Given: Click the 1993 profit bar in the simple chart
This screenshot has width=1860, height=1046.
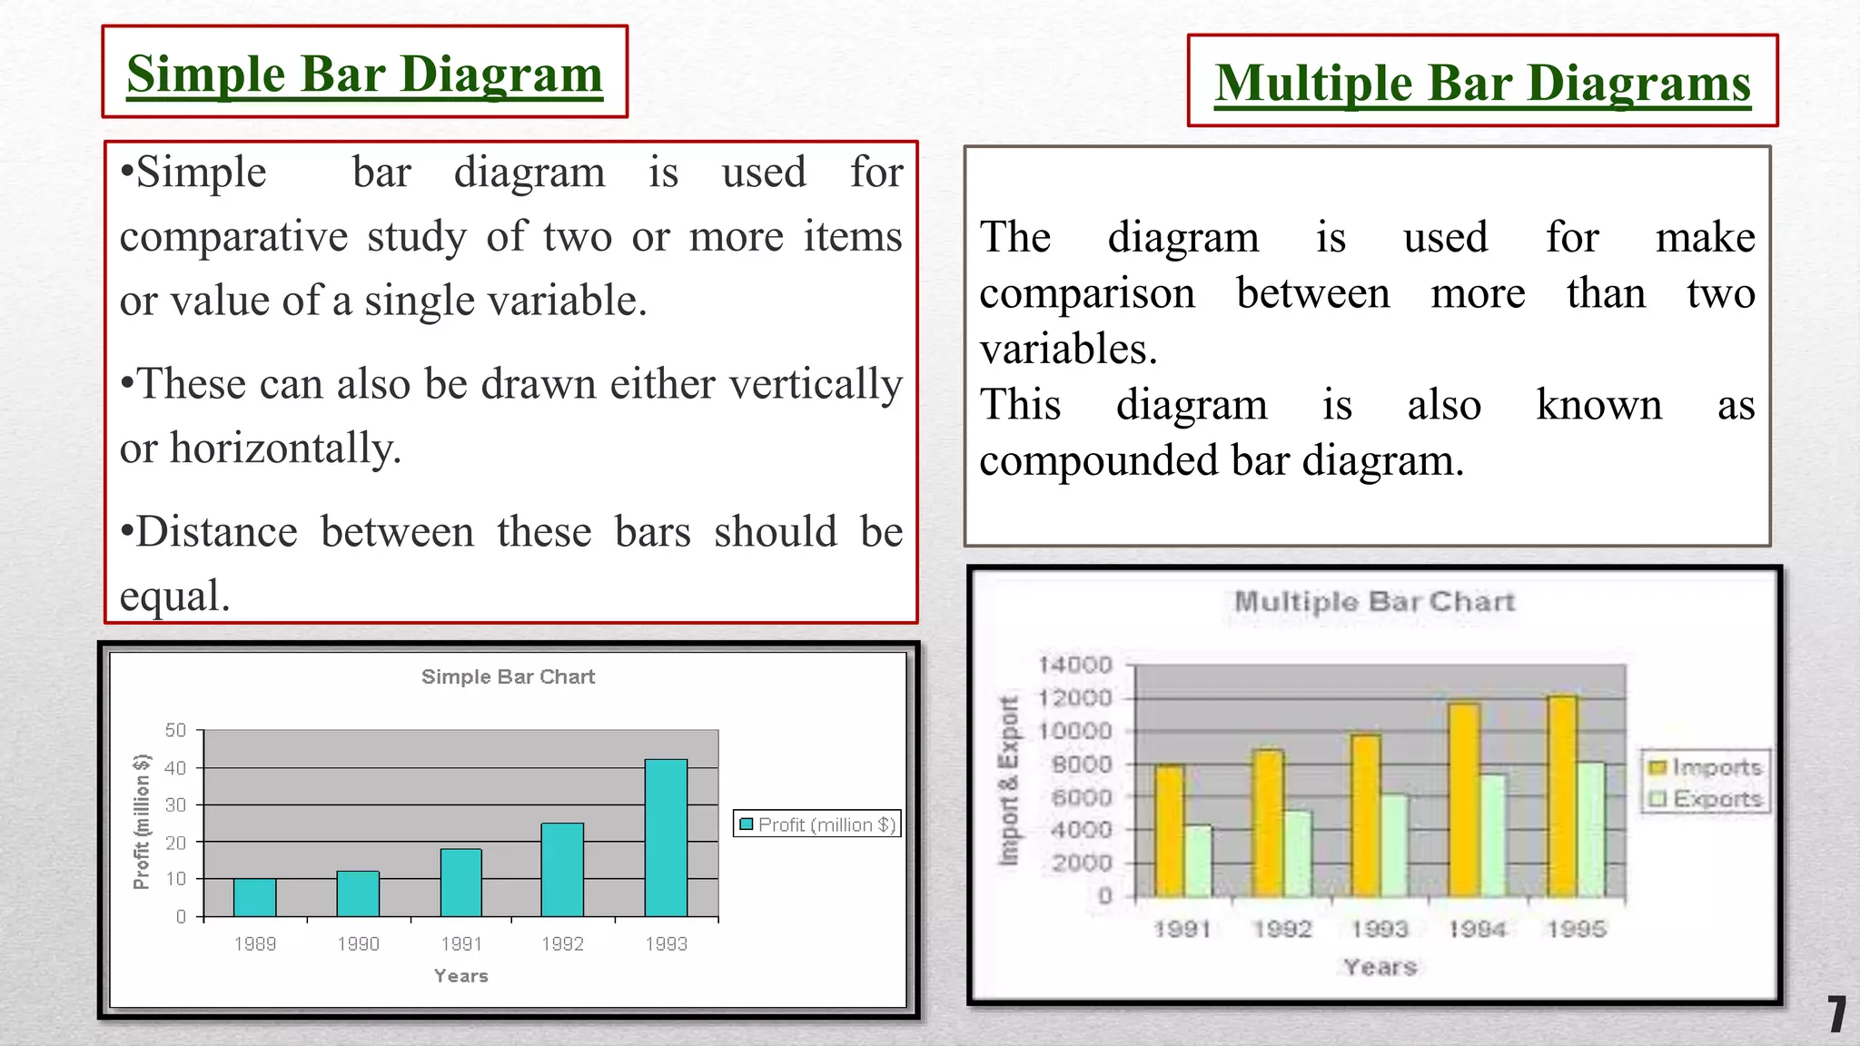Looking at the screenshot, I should (666, 837).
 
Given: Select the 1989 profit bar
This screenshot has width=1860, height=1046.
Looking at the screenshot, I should (254, 897).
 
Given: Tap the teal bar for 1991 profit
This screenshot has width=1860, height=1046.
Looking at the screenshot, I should (460, 883).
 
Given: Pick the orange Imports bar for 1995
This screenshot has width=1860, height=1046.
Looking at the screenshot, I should (1562, 796).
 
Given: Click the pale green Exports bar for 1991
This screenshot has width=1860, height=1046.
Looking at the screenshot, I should (1198, 861).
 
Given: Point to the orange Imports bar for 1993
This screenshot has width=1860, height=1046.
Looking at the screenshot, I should (1365, 815).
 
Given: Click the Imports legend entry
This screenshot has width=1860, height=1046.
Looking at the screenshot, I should (1705, 767).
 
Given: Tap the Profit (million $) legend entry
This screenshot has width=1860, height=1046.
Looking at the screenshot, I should (816, 824).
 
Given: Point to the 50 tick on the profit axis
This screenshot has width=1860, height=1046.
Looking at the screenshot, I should (176, 730).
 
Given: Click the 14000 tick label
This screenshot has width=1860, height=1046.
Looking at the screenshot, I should (1074, 665).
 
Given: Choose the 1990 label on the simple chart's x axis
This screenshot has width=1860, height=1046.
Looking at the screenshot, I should (358, 944).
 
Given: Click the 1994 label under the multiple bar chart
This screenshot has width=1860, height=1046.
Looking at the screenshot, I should (1477, 929).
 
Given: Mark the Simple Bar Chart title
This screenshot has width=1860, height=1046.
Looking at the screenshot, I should (508, 676).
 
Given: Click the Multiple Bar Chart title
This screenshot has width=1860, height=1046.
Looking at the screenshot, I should (1374, 601).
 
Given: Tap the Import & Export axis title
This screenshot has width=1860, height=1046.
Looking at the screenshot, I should (1008, 781).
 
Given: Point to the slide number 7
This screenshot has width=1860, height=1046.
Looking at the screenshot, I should (1836, 1014).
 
